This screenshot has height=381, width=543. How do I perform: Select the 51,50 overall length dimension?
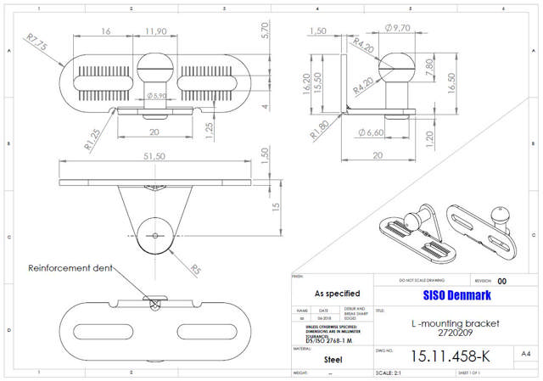coord(154,156)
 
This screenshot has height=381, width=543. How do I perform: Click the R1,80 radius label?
coord(320,130)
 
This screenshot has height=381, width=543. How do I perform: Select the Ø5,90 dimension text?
coord(157,96)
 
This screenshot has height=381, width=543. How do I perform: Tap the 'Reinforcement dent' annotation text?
coord(69,268)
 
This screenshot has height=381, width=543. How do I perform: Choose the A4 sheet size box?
coord(525,354)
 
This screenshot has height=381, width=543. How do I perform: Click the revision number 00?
coord(502,281)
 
